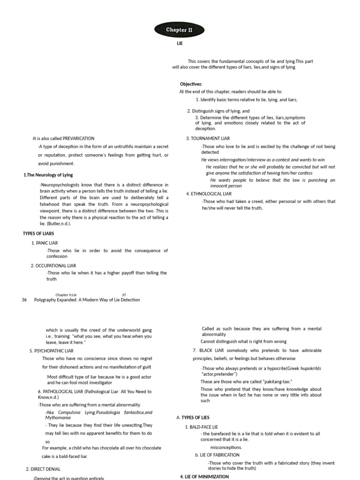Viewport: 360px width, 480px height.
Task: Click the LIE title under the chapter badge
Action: [180, 44]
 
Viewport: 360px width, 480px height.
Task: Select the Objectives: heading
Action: [191, 84]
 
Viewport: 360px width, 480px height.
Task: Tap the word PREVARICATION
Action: [78, 138]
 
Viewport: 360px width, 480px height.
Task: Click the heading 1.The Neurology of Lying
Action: [48, 175]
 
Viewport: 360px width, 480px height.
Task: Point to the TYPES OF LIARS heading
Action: [38, 233]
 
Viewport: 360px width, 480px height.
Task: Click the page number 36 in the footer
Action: [24, 300]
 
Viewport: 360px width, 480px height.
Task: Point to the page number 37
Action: [124, 295]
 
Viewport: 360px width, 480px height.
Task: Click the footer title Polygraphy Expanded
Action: [87, 300]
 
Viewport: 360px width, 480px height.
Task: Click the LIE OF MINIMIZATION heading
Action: [204, 476]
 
